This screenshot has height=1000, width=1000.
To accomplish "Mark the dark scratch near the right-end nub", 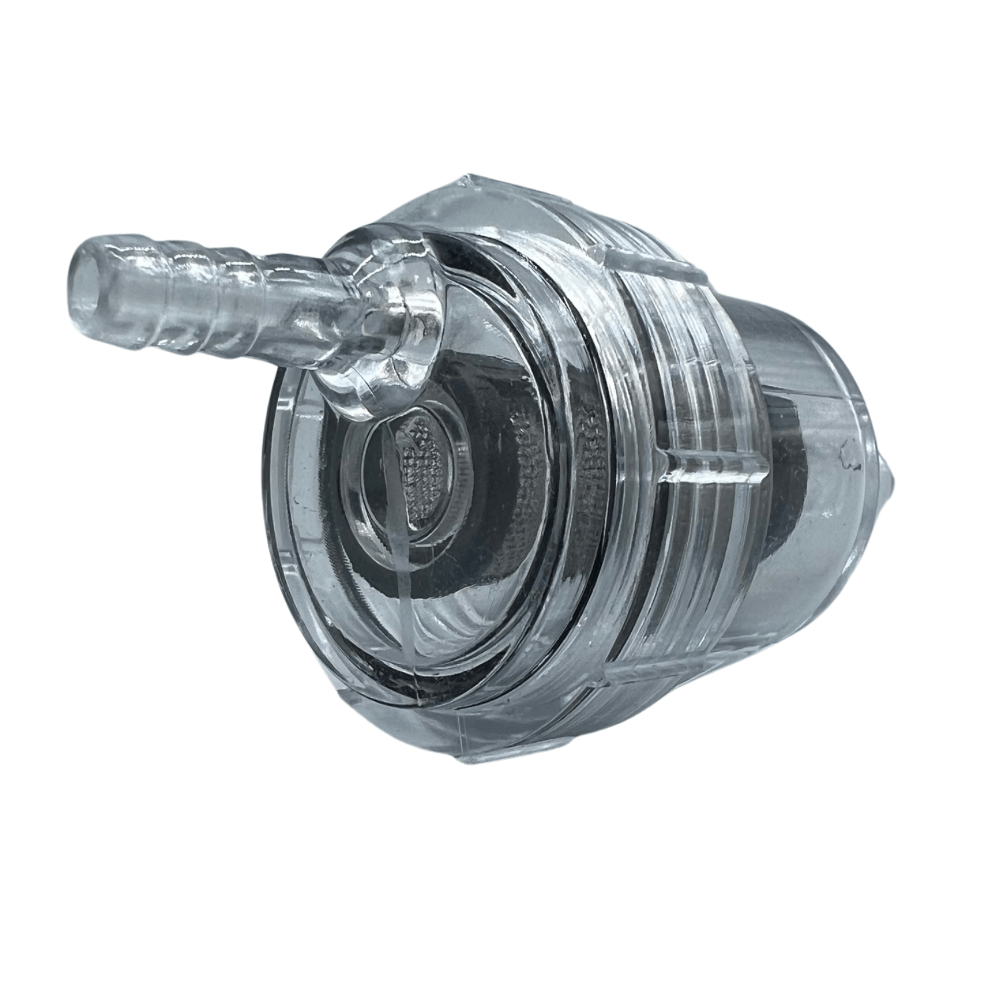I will [850, 453].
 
